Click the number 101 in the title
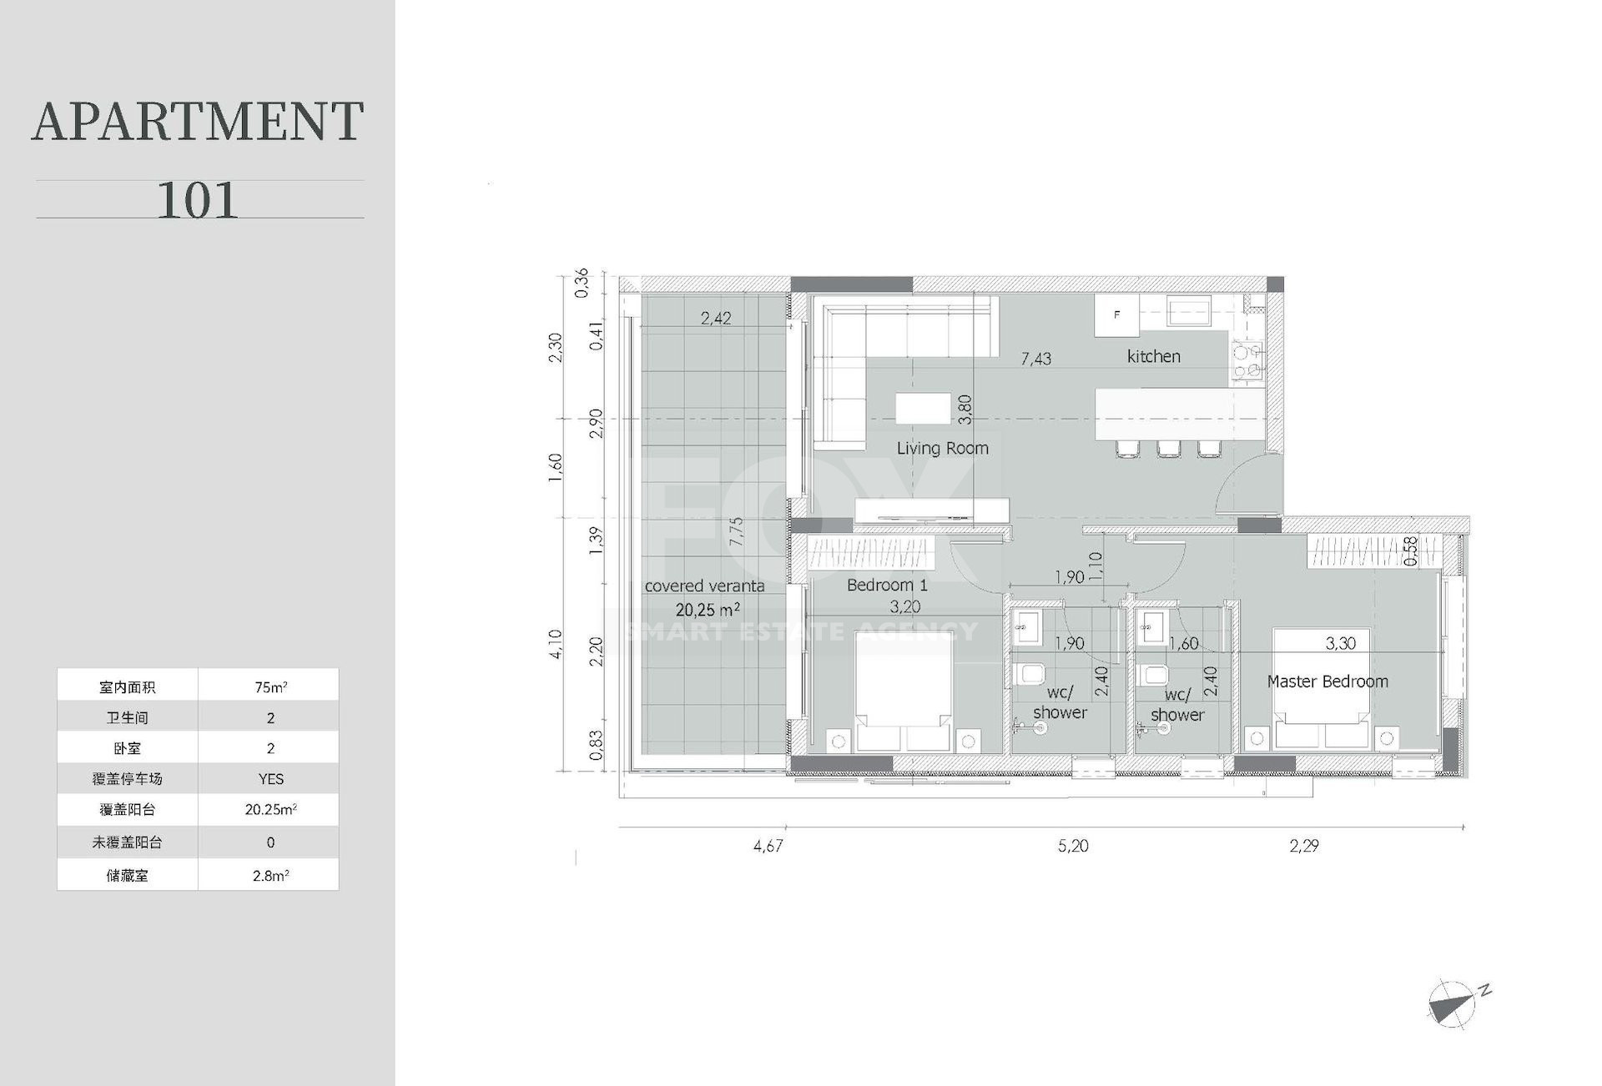pyautogui.click(x=198, y=200)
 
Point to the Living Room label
pyautogui.click(x=942, y=448)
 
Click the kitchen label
pyautogui.click(x=1154, y=356)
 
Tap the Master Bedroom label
pyautogui.click(x=1327, y=681)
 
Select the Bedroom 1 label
pyautogui.click(x=887, y=585)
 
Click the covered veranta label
pyautogui.click(x=704, y=586)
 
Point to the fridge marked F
pyautogui.click(x=1117, y=314)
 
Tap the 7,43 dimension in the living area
pyautogui.click(x=1035, y=359)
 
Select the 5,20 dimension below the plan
pyautogui.click(x=1073, y=846)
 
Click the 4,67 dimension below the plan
pyautogui.click(x=768, y=846)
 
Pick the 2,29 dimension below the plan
pyautogui.click(x=1304, y=846)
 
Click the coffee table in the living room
pyautogui.click(x=923, y=409)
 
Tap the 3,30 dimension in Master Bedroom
pyautogui.click(x=1340, y=643)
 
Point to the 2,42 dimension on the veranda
pyautogui.click(x=716, y=318)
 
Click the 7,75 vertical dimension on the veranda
pyautogui.click(x=735, y=532)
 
